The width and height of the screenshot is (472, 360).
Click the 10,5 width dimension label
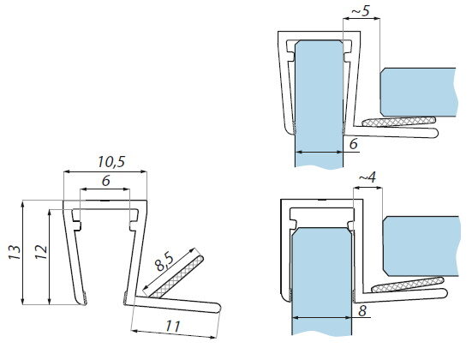(x=111, y=162)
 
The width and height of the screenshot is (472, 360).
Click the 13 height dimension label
(x=15, y=253)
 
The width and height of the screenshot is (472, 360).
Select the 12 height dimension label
(x=41, y=252)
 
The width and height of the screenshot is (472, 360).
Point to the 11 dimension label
(x=173, y=327)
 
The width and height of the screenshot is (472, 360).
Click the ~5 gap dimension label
(x=361, y=11)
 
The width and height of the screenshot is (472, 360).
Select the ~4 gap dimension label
(x=367, y=177)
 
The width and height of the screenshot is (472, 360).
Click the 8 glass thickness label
(x=362, y=310)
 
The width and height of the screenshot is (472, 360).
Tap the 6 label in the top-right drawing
(x=354, y=144)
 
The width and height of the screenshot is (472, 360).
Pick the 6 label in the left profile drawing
(x=106, y=181)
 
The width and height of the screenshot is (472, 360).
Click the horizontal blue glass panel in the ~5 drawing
(x=418, y=93)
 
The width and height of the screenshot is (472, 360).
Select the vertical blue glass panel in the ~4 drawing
(x=322, y=281)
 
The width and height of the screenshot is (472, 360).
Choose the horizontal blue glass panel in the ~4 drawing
(x=421, y=246)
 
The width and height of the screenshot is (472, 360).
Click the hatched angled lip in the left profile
(x=176, y=277)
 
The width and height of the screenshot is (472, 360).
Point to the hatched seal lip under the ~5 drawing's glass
(x=399, y=122)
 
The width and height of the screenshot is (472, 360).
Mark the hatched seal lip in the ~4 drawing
(x=408, y=285)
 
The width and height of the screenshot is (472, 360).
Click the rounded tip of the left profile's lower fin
(x=218, y=309)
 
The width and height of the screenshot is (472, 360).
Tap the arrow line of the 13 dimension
(x=22, y=253)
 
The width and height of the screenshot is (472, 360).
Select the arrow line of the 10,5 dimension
(x=105, y=171)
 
